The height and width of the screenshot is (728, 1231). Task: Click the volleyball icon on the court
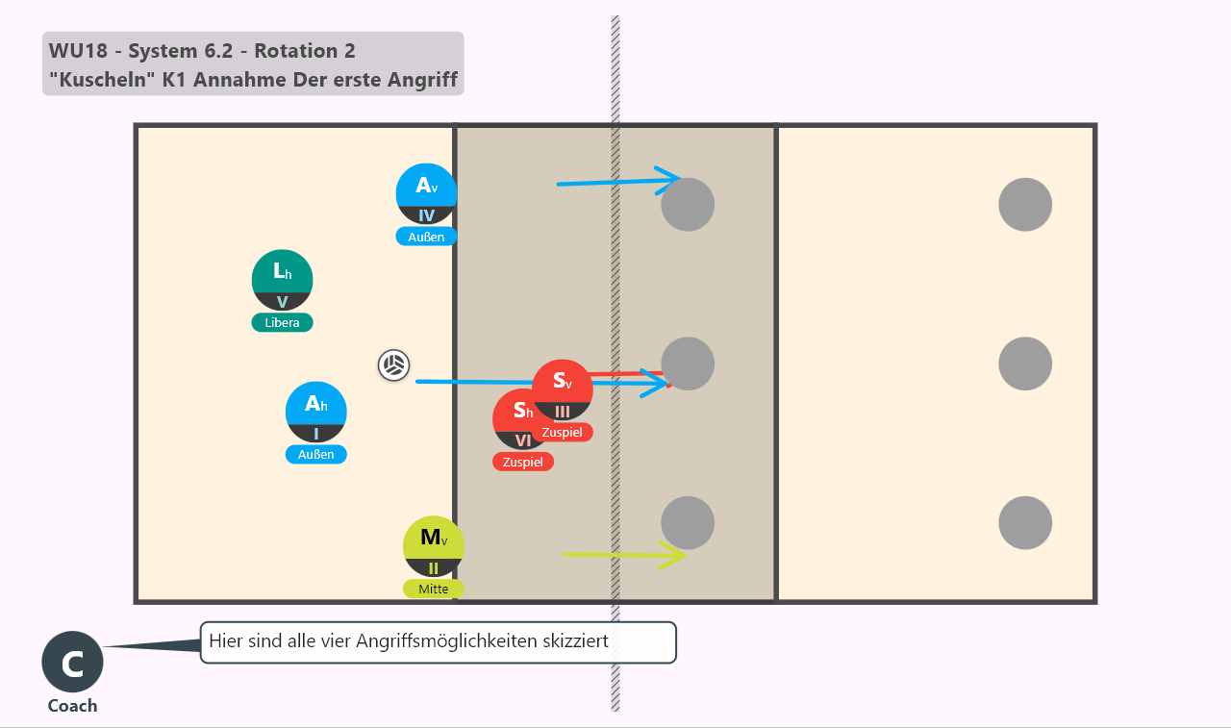[393, 364]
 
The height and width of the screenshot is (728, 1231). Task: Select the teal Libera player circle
[282, 280]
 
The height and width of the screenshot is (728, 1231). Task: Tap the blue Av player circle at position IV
[426, 194]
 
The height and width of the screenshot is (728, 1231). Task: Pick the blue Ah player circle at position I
[316, 412]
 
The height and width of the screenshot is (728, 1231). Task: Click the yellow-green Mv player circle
[434, 546]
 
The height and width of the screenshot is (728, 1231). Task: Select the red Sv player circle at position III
[563, 390]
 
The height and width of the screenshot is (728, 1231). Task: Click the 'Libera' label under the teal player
[282, 322]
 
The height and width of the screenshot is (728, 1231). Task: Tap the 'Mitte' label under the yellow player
[434, 589]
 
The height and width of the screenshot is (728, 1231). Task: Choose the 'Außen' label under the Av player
[426, 237]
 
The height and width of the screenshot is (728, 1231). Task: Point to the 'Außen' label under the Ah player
[316, 454]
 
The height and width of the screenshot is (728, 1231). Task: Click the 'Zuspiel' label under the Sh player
[522, 462]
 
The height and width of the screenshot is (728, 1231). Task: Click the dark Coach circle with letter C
[72, 662]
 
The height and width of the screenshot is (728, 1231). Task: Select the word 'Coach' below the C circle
[72, 706]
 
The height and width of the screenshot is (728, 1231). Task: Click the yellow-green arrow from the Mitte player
[624, 555]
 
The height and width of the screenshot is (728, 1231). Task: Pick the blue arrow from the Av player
[619, 182]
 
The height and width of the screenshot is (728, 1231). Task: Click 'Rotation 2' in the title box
[305, 51]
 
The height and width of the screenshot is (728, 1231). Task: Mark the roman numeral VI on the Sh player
[522, 440]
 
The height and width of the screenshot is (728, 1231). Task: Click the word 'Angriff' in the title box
[422, 80]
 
